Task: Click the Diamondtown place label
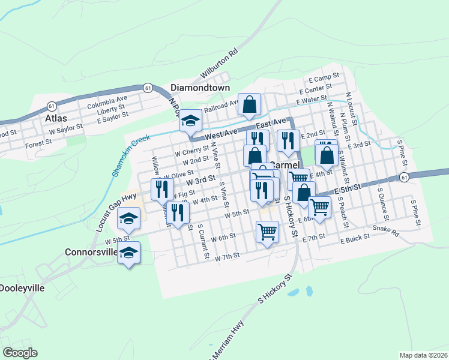point(200,88)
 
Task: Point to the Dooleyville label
point(22,288)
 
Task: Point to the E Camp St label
point(324,78)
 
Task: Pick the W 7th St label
point(228,256)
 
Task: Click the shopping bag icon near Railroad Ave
point(249,104)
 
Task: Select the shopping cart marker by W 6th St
point(267,231)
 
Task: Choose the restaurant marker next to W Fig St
point(161,189)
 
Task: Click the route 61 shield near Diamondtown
point(147,88)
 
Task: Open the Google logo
point(20,353)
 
